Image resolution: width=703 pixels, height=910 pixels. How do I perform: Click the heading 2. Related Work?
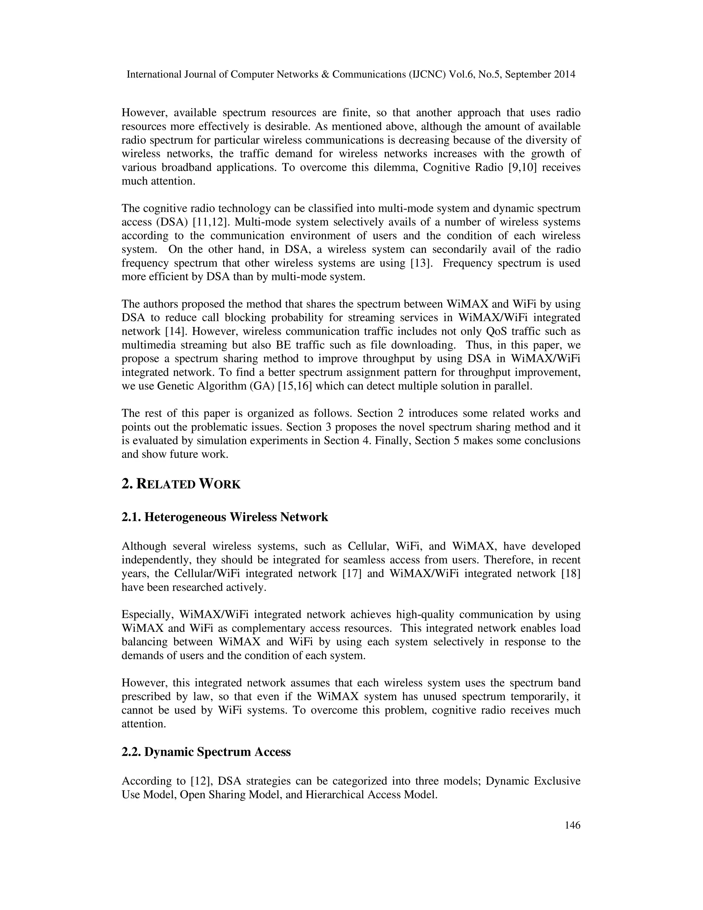click(x=181, y=484)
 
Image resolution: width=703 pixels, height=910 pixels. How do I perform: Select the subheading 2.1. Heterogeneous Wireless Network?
click(x=224, y=517)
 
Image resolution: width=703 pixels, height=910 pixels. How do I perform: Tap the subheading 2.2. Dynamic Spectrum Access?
click(x=206, y=752)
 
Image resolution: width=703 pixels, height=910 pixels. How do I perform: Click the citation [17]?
click(x=351, y=574)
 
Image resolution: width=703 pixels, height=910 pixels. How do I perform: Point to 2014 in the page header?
click(x=565, y=75)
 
